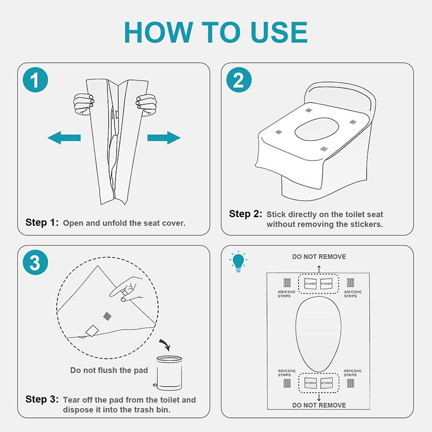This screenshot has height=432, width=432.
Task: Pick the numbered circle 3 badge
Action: tap(35, 263)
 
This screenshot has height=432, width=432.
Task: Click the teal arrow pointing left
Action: tap(64, 138)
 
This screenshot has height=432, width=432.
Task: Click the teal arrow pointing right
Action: tap(164, 138)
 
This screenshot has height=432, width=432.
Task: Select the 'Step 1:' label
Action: tap(42, 222)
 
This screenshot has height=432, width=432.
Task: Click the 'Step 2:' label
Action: tap(246, 214)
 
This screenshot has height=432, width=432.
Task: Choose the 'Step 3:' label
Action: tap(42, 400)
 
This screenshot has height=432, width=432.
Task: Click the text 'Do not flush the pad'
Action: tap(108, 370)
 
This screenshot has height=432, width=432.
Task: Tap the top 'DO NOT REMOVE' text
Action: tap(319, 256)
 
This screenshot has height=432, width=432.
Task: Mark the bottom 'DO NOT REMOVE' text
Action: tap(319, 404)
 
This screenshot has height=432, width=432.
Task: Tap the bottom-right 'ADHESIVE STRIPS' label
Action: tap(353, 373)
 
